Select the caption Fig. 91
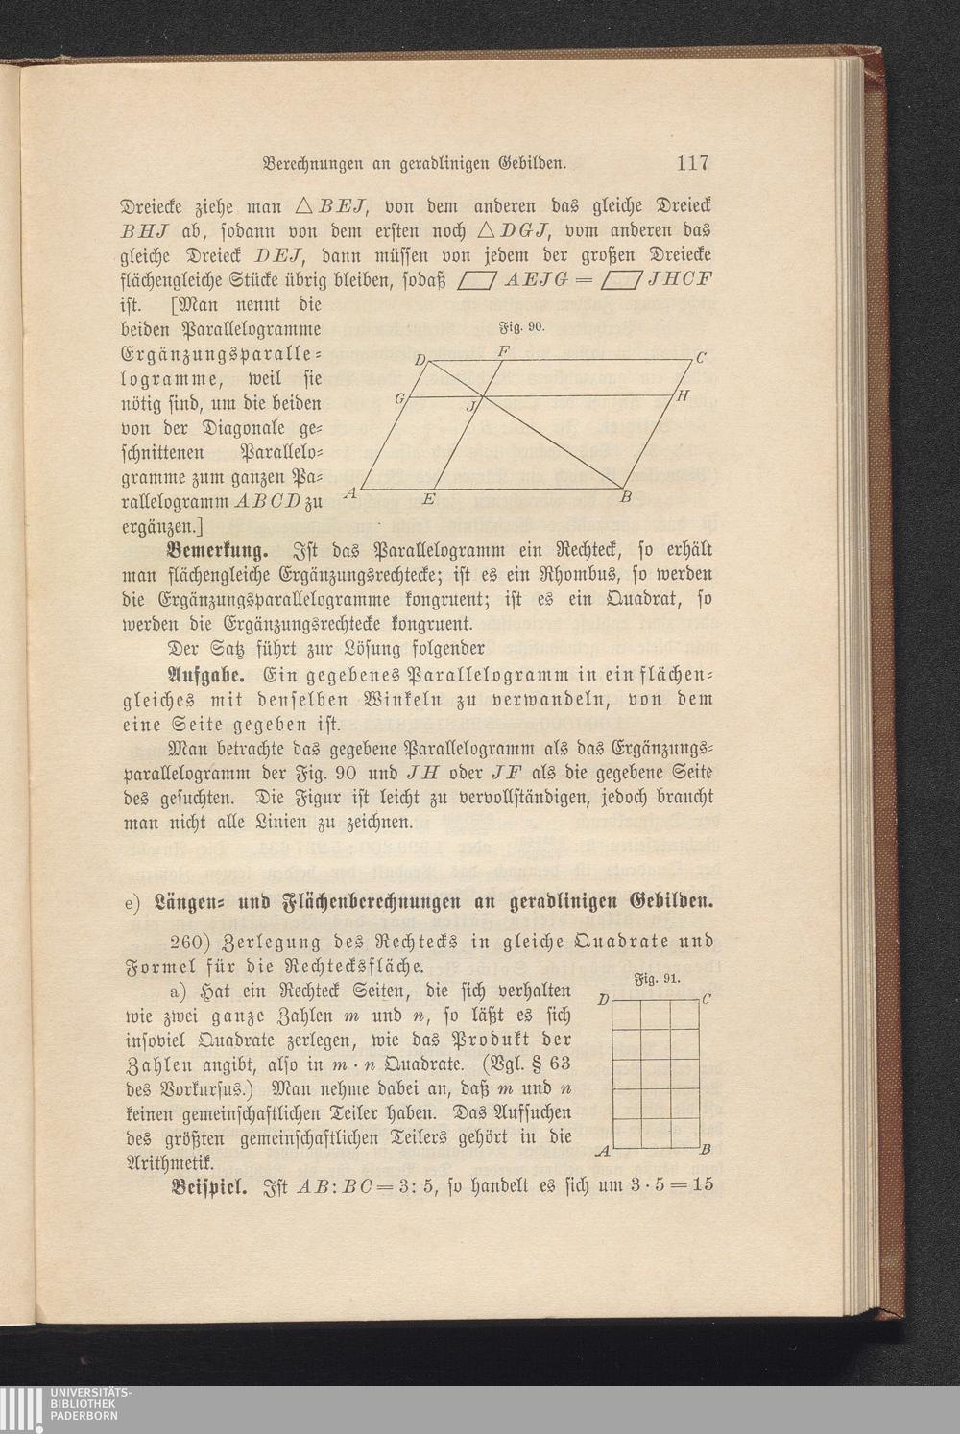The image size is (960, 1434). (659, 980)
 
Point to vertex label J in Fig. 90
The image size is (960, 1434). (469, 407)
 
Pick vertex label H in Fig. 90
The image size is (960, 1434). (682, 395)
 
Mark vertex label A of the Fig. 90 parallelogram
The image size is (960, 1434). (350, 492)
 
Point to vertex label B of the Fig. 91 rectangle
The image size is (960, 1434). (705, 1150)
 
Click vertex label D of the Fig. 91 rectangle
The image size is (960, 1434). (602, 1001)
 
